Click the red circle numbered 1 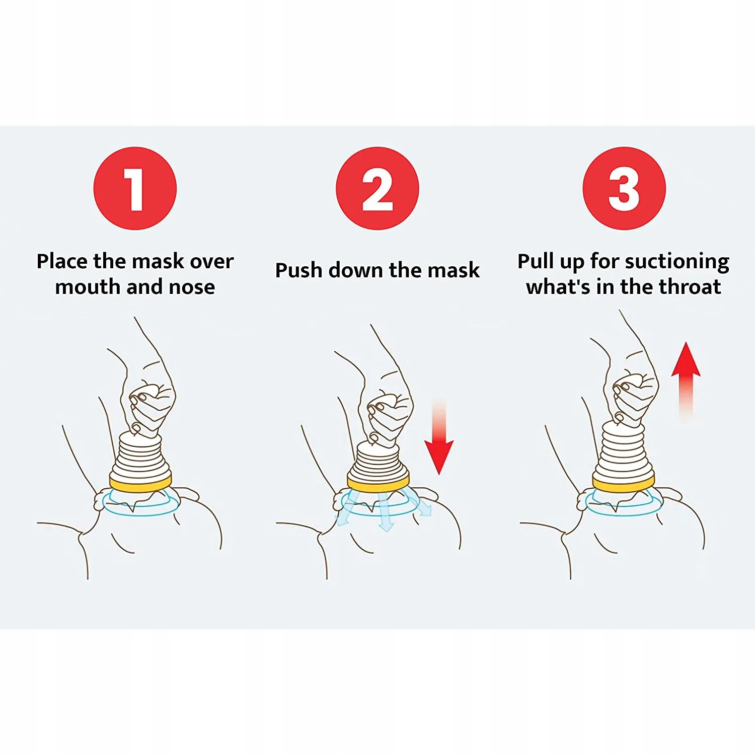coord(135,188)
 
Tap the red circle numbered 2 coord(377,188)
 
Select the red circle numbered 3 coord(624,188)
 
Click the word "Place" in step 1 coord(62,262)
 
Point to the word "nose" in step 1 coord(192,287)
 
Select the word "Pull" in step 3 coord(536,262)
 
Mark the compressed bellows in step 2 coord(378,461)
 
